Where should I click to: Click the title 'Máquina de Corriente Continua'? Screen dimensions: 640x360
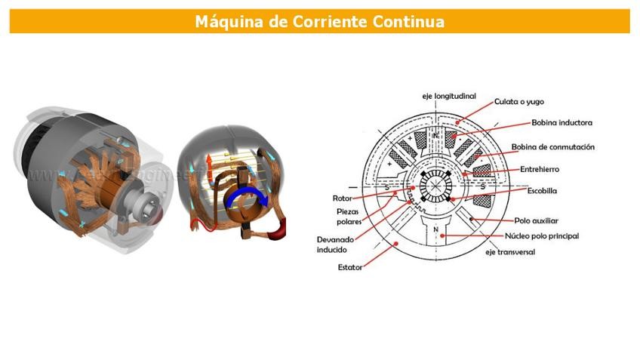click(x=319, y=21)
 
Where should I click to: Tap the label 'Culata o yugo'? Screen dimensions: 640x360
click(x=518, y=101)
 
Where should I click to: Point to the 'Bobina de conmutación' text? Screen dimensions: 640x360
click(x=553, y=147)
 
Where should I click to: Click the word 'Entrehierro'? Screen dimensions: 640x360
click(x=539, y=169)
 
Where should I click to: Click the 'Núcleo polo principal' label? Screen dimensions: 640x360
click(x=540, y=236)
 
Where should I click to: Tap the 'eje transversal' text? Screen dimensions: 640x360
click(x=510, y=252)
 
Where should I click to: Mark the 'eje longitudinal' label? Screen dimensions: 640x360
click(x=448, y=97)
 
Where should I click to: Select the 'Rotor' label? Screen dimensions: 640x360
click(x=343, y=198)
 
